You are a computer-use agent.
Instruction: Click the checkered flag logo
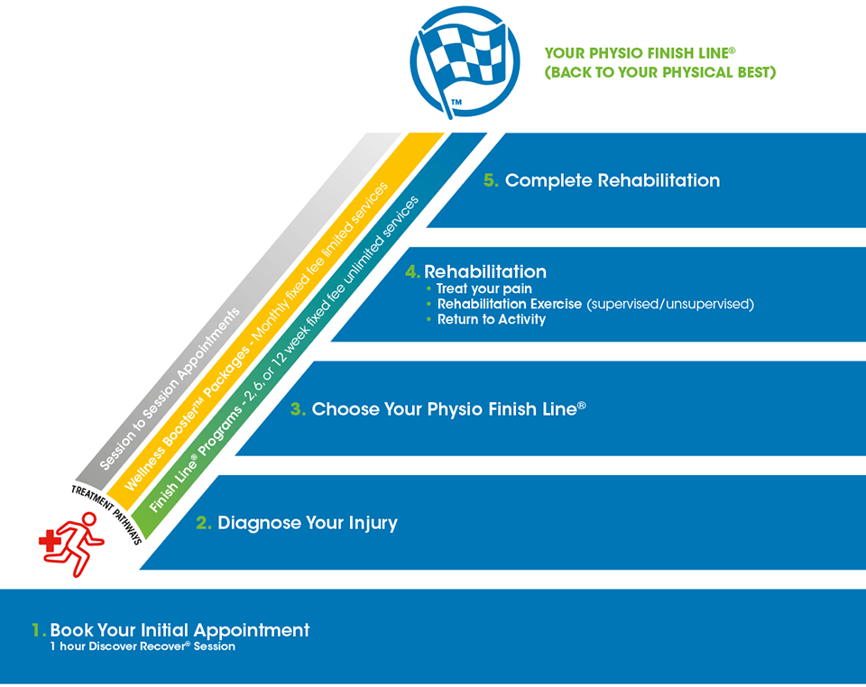465,62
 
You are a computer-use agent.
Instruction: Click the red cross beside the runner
50,541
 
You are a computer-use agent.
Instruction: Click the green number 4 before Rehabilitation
412,271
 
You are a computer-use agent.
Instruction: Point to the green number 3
297,409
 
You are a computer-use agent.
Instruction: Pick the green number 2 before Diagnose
203,523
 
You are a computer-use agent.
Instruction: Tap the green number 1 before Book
39,629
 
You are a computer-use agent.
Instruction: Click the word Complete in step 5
548,181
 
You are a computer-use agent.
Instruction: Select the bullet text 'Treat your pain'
484,289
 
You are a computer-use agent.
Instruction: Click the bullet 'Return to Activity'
492,319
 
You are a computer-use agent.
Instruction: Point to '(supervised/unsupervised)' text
670,304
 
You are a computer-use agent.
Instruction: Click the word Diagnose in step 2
259,523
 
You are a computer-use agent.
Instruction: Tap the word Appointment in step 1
252,631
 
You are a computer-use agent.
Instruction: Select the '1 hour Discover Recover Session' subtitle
143,646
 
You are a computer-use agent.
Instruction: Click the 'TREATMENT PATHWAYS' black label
106,514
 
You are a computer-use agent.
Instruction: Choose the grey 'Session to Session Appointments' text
170,389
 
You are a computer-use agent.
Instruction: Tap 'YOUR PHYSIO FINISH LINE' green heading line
640,53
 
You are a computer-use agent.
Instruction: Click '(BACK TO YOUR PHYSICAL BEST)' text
660,72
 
